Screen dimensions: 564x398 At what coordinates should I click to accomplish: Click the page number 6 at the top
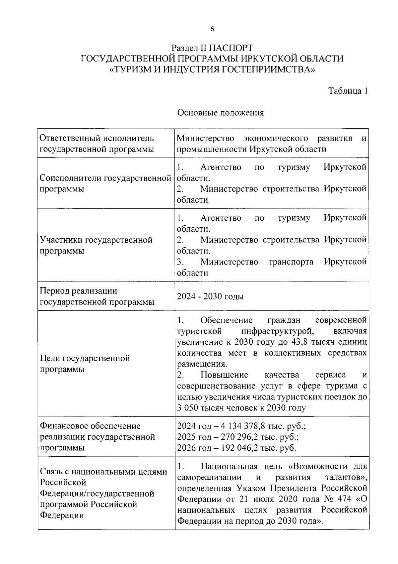coord(212,29)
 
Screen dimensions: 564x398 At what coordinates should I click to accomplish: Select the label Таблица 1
coord(348,91)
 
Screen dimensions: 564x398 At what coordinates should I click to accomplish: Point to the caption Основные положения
coord(221,113)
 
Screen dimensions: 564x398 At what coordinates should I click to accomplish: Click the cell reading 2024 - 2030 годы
coord(210,296)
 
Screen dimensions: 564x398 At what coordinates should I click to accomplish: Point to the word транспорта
coord(291,262)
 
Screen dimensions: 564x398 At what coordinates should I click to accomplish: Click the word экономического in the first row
coord(275,138)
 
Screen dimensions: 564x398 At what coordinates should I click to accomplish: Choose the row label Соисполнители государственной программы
coord(105,183)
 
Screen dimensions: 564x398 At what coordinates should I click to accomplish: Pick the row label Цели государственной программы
coord(85,364)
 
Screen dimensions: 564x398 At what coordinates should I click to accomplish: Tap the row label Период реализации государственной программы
coord(97,296)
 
